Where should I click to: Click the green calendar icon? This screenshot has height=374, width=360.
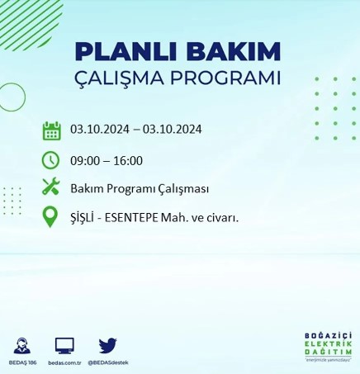pos(51,130)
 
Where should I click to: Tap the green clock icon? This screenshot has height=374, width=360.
pos(51,159)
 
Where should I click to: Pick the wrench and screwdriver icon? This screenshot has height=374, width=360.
pos(51,187)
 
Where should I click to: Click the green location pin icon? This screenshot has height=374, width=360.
pos(51,216)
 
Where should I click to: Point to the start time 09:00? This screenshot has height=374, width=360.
pos(85,160)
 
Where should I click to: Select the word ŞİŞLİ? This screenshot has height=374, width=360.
pos(84,217)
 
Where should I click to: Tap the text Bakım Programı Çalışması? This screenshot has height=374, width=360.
pos(139,188)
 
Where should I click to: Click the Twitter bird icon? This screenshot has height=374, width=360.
pos(107,345)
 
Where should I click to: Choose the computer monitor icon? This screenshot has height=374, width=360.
pos(64,345)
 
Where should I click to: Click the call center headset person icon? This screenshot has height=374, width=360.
pos(23,345)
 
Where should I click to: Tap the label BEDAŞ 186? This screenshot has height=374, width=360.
pos(23,362)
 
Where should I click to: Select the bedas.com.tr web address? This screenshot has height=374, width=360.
pos(64,362)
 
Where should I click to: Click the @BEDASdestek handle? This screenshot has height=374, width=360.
pos(110,362)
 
